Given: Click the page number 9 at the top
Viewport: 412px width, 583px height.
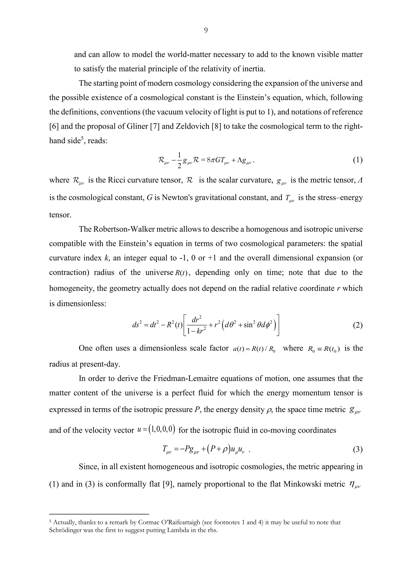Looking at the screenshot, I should click(206, 30).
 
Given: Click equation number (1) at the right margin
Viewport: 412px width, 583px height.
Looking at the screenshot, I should click(357, 160).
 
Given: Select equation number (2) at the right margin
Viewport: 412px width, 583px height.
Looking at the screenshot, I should click(357, 325).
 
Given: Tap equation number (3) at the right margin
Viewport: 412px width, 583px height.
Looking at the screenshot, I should click(357, 450).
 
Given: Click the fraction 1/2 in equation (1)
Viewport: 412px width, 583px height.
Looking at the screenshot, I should click(179, 160).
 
